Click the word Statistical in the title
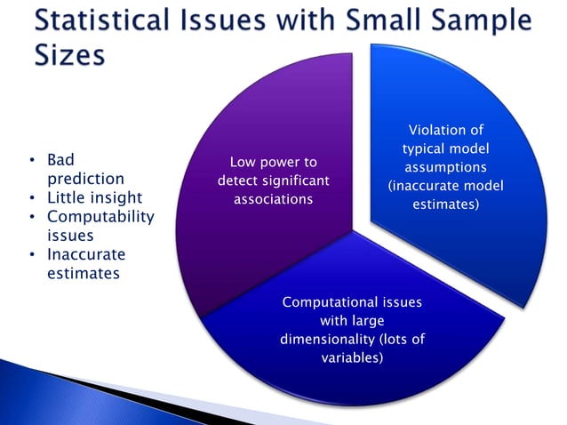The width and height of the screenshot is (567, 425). pyautogui.click(x=111, y=20)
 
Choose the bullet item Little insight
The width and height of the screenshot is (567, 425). pyautogui.click(x=94, y=197)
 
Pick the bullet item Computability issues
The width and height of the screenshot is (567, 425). pyautogui.click(x=100, y=226)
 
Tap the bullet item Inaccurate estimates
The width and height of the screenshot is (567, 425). pyautogui.click(x=85, y=264)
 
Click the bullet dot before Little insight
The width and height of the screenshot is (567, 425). pyautogui.click(x=33, y=197)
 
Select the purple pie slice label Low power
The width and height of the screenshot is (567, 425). pyautogui.click(x=273, y=162)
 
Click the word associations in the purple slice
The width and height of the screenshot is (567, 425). pyautogui.click(x=273, y=199)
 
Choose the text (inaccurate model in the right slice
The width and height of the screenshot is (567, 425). pyautogui.click(x=445, y=186)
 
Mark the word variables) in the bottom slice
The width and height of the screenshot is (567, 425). pyautogui.click(x=351, y=358)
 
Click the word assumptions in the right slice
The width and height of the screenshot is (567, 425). pyautogui.click(x=445, y=167)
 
